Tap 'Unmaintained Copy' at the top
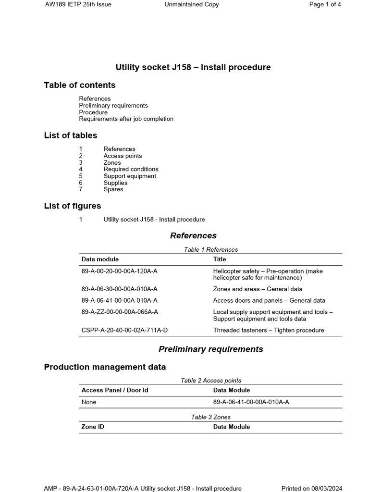pos(191,4)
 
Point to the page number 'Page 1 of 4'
pos(325,4)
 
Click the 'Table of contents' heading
pos(80,85)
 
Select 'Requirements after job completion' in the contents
pos(126,119)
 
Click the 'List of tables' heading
pos(71,135)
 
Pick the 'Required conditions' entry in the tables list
pos(131,169)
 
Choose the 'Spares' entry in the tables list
pos(113,189)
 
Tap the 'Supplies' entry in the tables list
pos(115,183)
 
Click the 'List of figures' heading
pos(73,206)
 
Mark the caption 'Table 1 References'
pos(210,249)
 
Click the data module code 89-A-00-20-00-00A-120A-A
pos(120,271)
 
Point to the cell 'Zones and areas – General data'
pos(258,289)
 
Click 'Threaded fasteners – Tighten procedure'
pos(269,330)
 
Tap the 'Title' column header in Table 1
pos(220,259)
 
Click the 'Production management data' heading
pos(105,367)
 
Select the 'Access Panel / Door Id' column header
pos(115,390)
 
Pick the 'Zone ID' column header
pos(93,427)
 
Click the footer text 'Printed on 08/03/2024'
pos(311,489)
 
